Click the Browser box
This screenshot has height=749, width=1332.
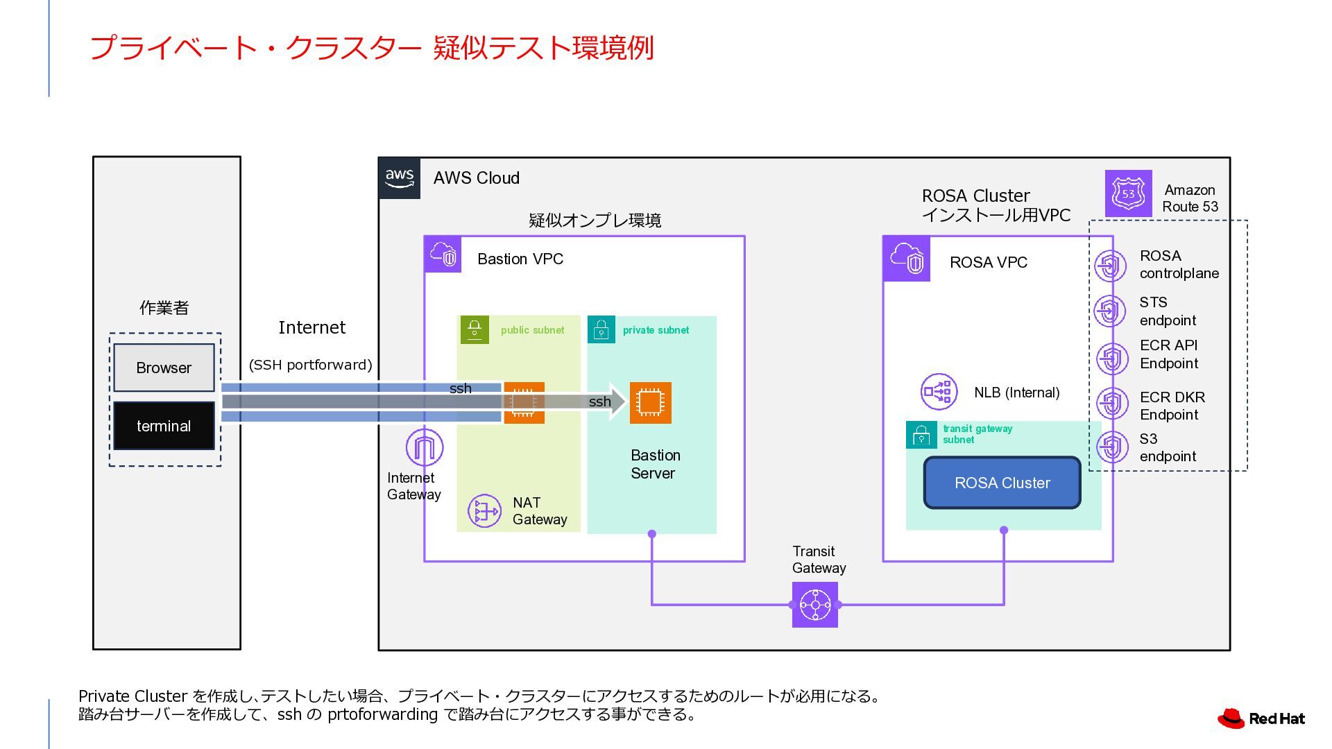pyautogui.click(x=164, y=368)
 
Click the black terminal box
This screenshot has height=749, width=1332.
pyautogui.click(x=164, y=426)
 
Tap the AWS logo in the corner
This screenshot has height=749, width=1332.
pyautogui.click(x=400, y=178)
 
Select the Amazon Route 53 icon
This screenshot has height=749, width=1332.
pyautogui.click(x=1128, y=193)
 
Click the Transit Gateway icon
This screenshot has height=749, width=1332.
pyautogui.click(x=815, y=605)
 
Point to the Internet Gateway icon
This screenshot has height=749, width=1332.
pyautogui.click(x=424, y=447)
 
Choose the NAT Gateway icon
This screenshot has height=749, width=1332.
pyautogui.click(x=484, y=511)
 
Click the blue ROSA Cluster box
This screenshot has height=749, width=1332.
pyautogui.click(x=1002, y=483)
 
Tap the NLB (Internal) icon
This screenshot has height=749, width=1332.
pyautogui.click(x=939, y=392)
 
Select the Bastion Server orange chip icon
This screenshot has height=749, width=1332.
pyautogui.click(x=650, y=402)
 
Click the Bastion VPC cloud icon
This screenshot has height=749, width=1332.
pyautogui.click(x=443, y=254)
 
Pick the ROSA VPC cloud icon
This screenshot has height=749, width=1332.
pyautogui.click(x=906, y=259)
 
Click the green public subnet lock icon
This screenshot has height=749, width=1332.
pyautogui.click(x=475, y=329)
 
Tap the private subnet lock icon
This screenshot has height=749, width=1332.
pyautogui.click(x=601, y=329)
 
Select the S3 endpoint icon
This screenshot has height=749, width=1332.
pyautogui.click(x=1111, y=447)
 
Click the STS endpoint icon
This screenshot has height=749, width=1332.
pyautogui.click(x=1110, y=311)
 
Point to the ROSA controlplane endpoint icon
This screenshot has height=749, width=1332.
pyautogui.click(x=1110, y=265)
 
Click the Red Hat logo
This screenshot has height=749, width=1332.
pyautogui.click(x=1261, y=718)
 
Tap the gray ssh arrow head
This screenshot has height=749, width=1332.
pyautogui.click(x=617, y=401)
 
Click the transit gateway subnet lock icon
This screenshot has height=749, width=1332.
pyautogui.click(x=921, y=435)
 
